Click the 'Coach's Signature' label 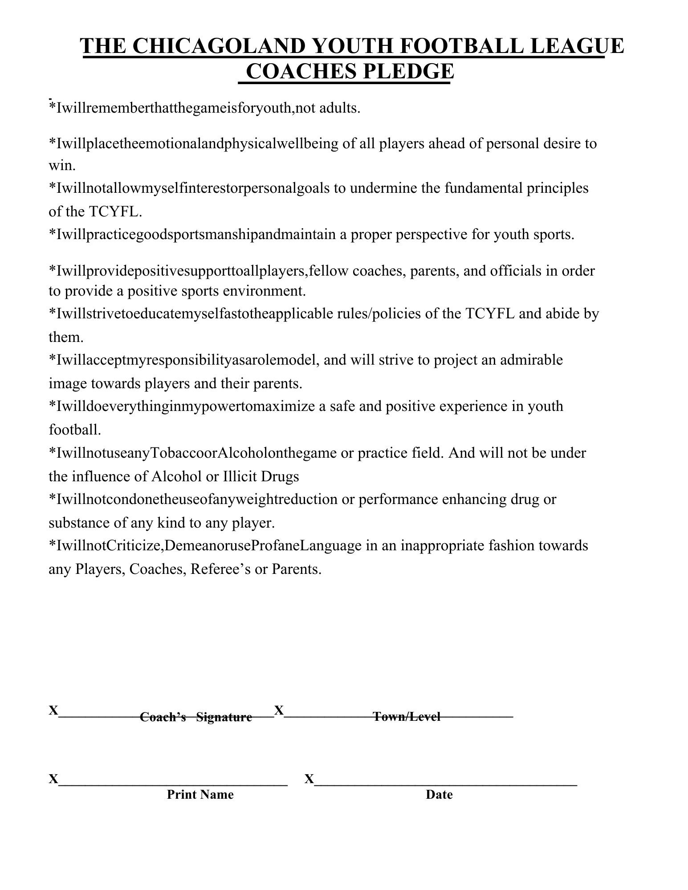coord(196,717)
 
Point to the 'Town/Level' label coord(407,716)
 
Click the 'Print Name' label coord(200,794)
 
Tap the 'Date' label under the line coord(439,794)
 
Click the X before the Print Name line coord(53,779)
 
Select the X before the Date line coord(309,779)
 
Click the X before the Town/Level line coord(279,710)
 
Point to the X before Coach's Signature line coord(53,710)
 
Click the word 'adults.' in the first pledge coord(340,108)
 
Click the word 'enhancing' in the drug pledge coord(474,499)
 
